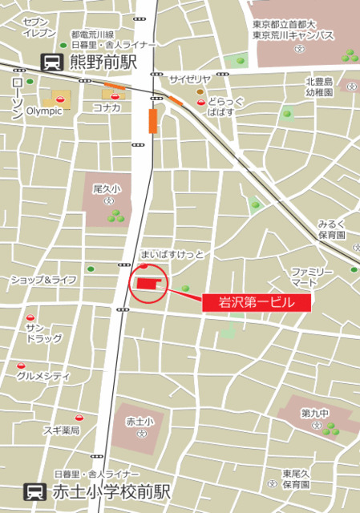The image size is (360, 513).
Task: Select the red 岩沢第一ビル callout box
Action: point(255,302)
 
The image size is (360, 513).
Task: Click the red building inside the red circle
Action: point(148,284)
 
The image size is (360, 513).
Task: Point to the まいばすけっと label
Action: point(172,254)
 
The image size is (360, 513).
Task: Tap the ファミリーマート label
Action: point(311,277)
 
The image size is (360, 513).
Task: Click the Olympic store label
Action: point(45,111)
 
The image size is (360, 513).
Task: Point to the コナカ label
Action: point(107,107)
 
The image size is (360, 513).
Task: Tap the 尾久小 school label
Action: point(107,189)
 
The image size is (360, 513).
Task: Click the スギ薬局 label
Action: point(61,430)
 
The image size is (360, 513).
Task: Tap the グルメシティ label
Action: point(44,375)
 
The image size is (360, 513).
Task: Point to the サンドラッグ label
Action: point(43,333)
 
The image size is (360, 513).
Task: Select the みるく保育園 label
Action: point(330,229)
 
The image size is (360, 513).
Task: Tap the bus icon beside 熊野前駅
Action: point(51,61)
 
